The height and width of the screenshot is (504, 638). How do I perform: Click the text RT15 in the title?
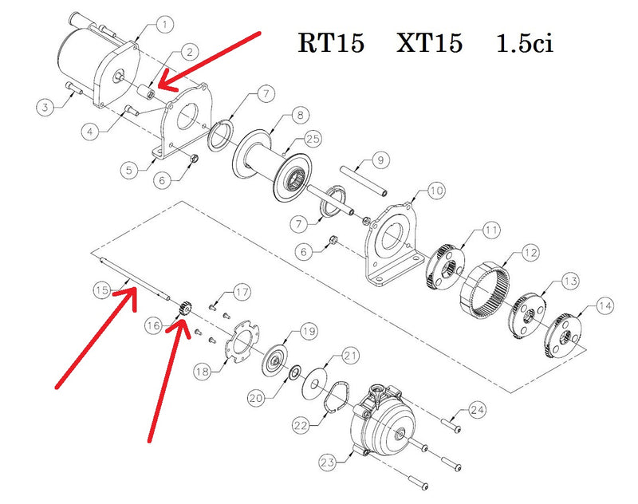[331, 43]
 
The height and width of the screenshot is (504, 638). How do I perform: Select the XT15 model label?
[429, 43]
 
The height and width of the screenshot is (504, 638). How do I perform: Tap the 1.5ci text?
[524, 43]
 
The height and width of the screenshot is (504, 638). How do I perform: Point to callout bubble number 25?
[313, 140]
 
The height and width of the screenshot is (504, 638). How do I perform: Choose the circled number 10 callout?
[435, 191]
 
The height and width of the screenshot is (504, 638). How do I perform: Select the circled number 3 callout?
[45, 106]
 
